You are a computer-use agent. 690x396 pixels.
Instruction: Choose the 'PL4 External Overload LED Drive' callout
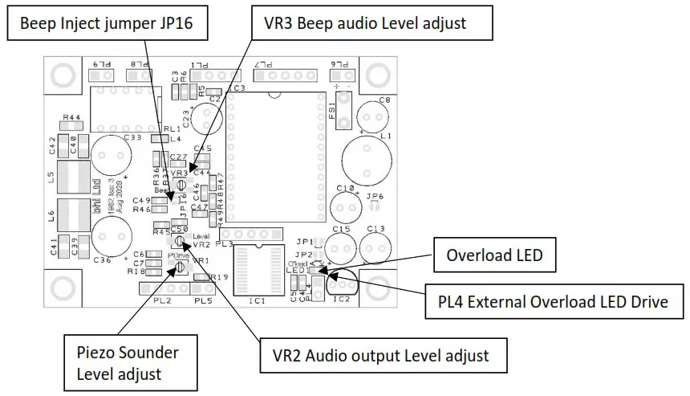[554, 302]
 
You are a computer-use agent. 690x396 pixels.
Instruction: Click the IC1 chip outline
[256, 272]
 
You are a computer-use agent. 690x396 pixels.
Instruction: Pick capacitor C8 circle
[374, 115]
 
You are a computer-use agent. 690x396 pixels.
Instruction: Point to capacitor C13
[375, 247]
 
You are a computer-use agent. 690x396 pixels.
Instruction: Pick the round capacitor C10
[345, 207]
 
